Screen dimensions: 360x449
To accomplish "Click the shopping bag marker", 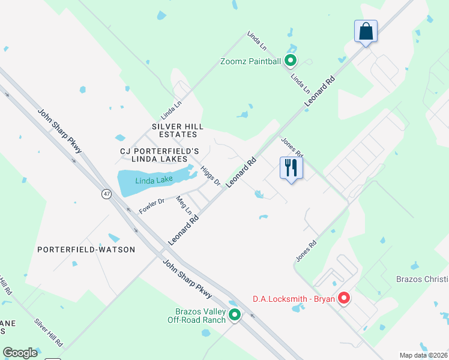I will pos(366,31).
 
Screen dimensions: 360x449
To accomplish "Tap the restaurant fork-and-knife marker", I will pos(291,168).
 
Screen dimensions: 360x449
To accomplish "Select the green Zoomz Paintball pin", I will pos(290,60).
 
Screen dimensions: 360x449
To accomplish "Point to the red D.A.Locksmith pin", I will pos(344,298).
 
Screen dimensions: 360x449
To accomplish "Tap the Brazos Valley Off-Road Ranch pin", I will pos(235,314).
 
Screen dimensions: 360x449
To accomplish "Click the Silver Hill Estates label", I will pos(178,130).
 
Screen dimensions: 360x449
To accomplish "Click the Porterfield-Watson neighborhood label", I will pos(86,249).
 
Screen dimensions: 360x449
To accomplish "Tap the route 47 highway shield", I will pos(106,194).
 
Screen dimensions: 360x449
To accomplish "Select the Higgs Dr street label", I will pos(211,175).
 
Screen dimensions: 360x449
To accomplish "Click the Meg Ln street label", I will pos(184,205).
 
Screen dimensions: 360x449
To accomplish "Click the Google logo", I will pos(20,353).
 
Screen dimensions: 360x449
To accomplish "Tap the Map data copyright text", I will pos(424,355).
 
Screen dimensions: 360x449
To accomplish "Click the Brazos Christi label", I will pos(422,280).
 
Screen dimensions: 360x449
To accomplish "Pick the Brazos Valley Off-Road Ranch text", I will pos(196,315).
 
